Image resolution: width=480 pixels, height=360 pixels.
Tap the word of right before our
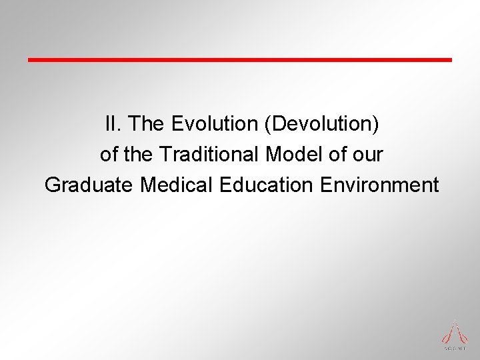pos(336,154)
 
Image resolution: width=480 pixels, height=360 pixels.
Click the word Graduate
pos(89,185)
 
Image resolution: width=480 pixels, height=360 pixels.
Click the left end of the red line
pos(29,59)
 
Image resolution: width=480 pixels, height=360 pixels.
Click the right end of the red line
pos(450,59)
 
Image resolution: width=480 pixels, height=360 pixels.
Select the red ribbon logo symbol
pos(455,331)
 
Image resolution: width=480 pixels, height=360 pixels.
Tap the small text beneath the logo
pos(455,347)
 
